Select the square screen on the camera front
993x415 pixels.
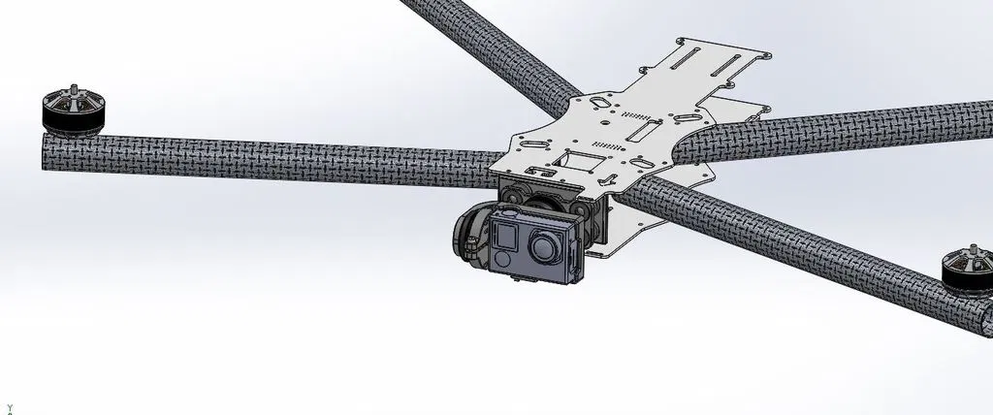(506, 234)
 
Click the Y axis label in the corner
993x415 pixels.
(8, 409)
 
